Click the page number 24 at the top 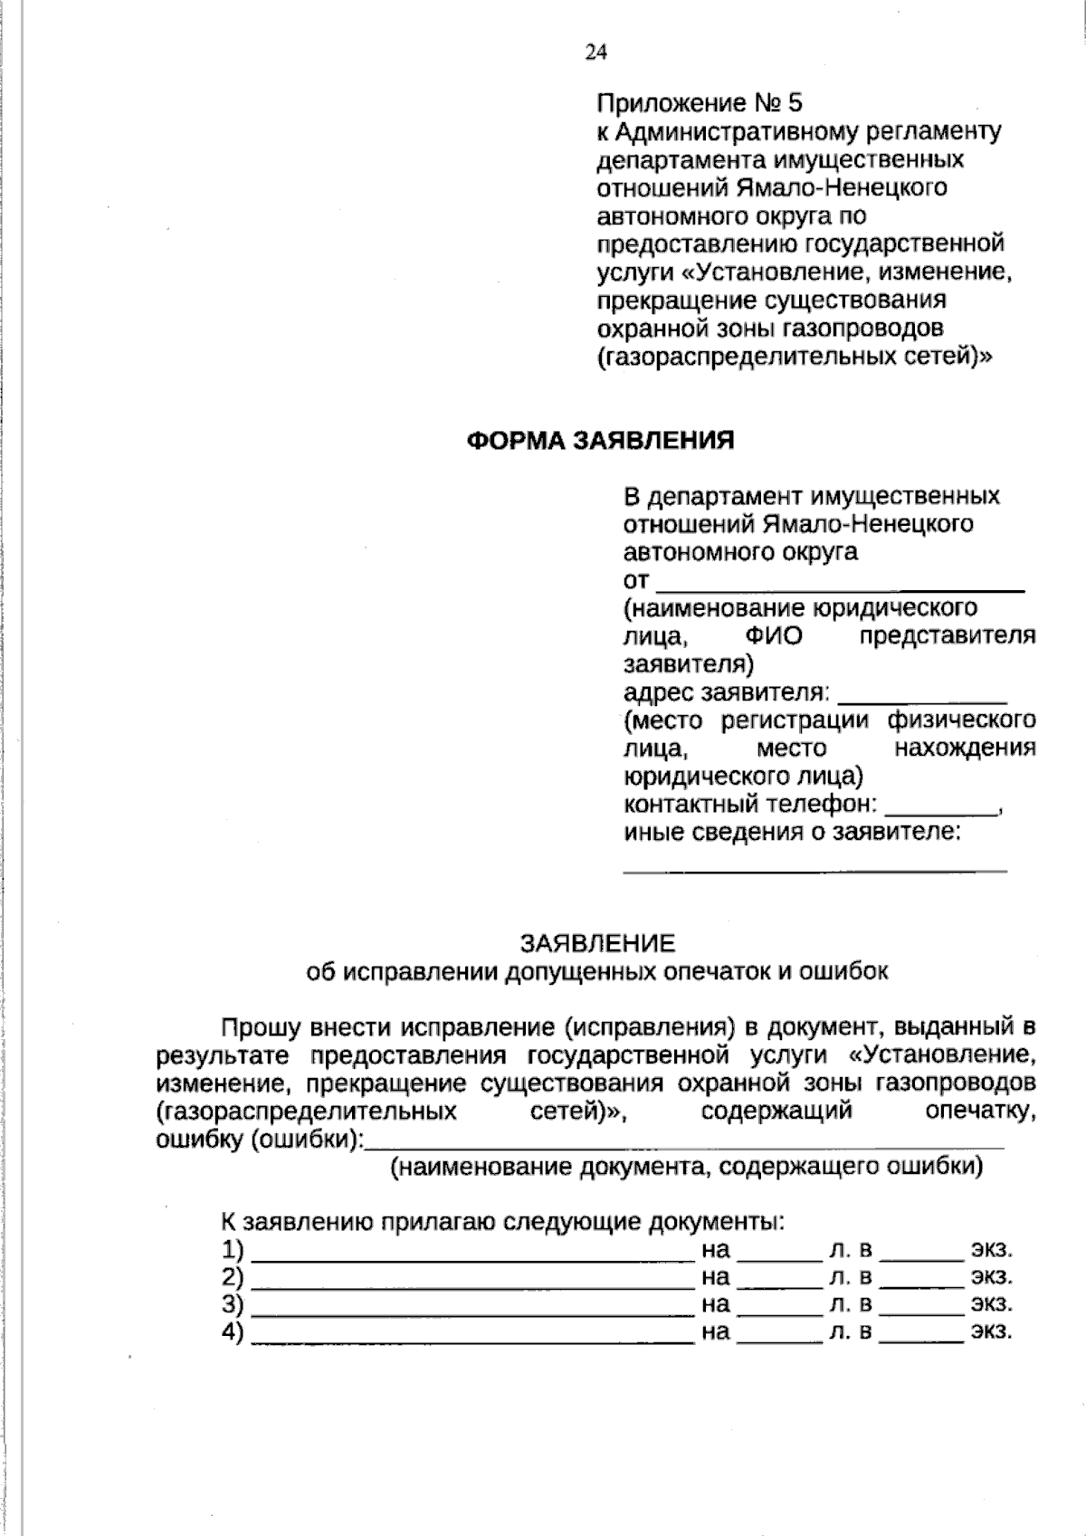point(595,52)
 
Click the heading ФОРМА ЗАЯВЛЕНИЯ point(600,441)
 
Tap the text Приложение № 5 point(700,102)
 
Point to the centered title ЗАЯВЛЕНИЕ point(597,944)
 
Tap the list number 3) point(233,1304)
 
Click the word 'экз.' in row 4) point(992,1331)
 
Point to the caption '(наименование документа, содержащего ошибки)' point(686,1168)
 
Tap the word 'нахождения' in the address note point(965,749)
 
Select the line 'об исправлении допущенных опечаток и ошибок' point(597,972)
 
